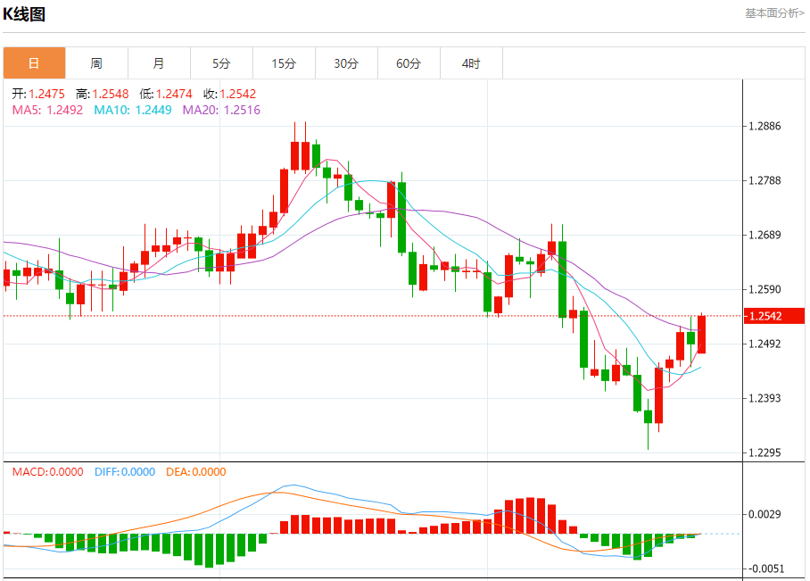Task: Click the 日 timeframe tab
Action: click(x=34, y=63)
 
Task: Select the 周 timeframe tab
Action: click(x=96, y=63)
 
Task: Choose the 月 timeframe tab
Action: click(x=159, y=63)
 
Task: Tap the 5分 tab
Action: click(x=221, y=63)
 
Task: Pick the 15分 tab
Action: click(x=284, y=63)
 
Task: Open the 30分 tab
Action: click(x=346, y=63)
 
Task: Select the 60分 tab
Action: click(x=409, y=63)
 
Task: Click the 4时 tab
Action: click(x=471, y=63)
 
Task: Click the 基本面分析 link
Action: click(x=774, y=13)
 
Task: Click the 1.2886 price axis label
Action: click(x=766, y=126)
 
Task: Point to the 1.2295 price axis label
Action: click(x=766, y=452)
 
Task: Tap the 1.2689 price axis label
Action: click(x=766, y=236)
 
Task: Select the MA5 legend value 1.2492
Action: click(x=64, y=110)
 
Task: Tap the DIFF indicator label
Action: click(x=124, y=472)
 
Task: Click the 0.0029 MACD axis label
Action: click(x=766, y=514)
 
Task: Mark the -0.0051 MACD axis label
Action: click(x=766, y=569)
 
